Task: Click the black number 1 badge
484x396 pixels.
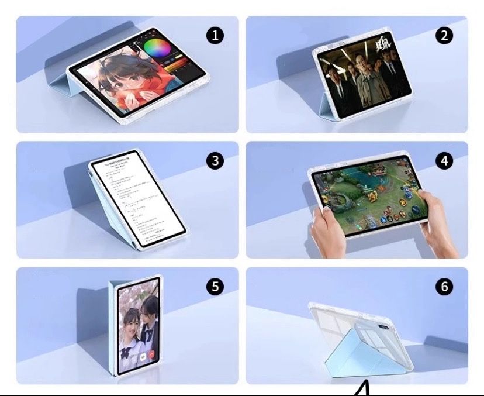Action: (216, 36)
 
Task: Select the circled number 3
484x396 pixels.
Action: (216, 161)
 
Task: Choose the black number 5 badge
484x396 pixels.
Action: (216, 287)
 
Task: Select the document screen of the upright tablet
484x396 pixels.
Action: (137, 199)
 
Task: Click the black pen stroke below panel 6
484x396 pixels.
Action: (362, 389)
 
